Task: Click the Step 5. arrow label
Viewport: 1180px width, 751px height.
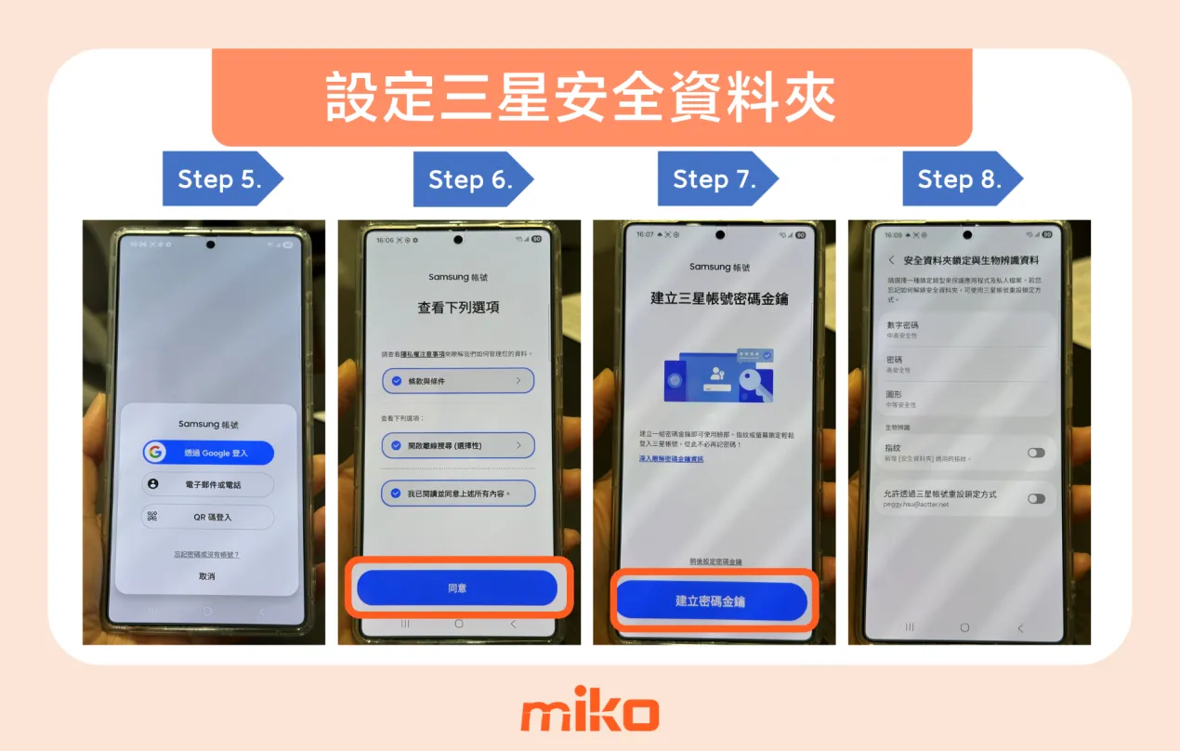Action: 220,178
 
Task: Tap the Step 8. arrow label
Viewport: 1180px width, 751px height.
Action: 960,178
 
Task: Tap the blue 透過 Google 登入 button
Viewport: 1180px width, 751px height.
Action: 208,453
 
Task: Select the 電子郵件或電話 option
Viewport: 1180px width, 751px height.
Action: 208,485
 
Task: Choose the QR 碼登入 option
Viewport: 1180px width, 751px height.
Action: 208,517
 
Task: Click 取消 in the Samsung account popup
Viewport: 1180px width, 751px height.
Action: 206,576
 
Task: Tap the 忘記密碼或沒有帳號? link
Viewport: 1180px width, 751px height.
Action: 206,555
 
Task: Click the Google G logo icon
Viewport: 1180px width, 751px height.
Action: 155,453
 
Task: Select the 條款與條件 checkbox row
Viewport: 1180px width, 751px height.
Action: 458,381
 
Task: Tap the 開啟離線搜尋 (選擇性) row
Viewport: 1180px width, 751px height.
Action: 458,446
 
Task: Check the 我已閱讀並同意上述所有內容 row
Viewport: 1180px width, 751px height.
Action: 458,493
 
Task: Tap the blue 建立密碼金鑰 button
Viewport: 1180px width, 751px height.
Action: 711,601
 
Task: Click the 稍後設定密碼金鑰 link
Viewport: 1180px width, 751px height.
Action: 715,562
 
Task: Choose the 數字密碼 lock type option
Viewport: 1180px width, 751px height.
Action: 966,329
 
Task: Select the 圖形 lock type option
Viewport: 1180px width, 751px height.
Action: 966,399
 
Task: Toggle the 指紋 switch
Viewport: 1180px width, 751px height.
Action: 1036,453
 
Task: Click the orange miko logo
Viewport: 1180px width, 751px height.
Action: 589,714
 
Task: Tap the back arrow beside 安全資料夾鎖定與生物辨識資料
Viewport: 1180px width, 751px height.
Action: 892,260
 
